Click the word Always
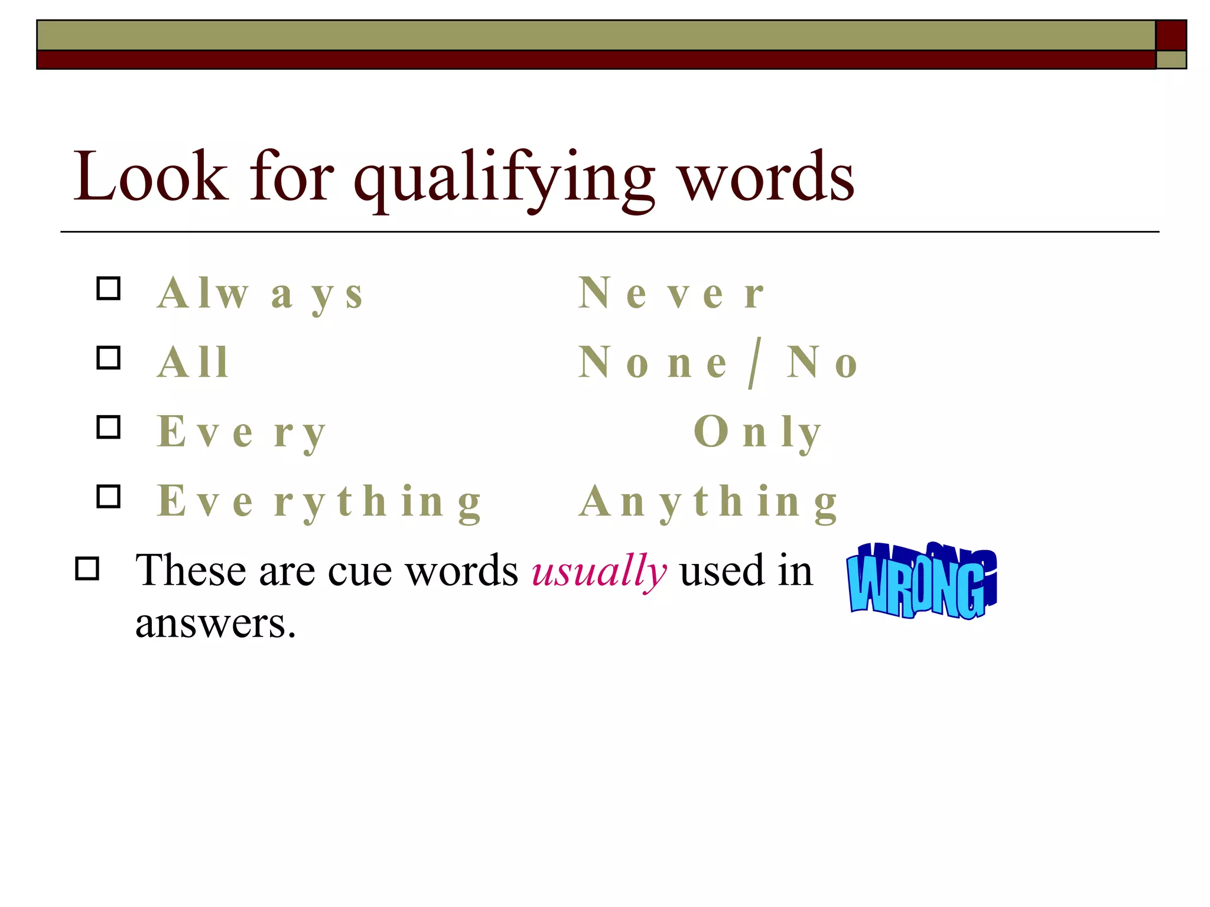260,294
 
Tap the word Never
671,293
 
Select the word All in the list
193,363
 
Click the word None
652,363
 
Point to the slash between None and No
754,363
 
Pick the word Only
757,433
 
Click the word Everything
319,502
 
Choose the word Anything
708,502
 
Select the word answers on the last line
215,624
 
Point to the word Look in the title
150,177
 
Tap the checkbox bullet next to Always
109,289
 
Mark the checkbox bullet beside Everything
109,497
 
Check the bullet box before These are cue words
87,569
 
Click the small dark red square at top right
1170,35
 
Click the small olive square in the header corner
1170,60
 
